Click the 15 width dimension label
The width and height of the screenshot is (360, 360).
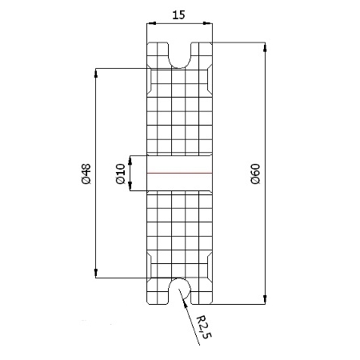click(x=178, y=15)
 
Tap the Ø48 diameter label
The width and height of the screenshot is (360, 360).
click(x=86, y=174)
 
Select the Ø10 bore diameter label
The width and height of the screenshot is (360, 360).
click(x=121, y=174)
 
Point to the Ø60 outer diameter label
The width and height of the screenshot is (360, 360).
click(x=255, y=174)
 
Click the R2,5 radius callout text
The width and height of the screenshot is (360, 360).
click(x=204, y=327)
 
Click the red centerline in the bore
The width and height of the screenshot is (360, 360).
click(x=180, y=174)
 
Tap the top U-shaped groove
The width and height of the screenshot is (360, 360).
click(x=180, y=55)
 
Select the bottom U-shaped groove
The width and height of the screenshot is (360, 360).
click(x=180, y=291)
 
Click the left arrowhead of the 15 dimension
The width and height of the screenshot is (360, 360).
click(x=151, y=23)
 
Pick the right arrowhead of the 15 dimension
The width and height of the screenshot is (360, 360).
click(x=208, y=23)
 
